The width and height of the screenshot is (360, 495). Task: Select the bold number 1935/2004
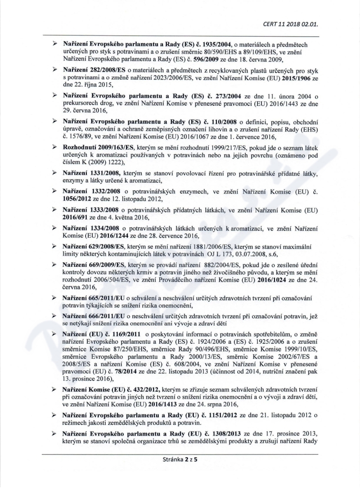(x=213, y=44)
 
